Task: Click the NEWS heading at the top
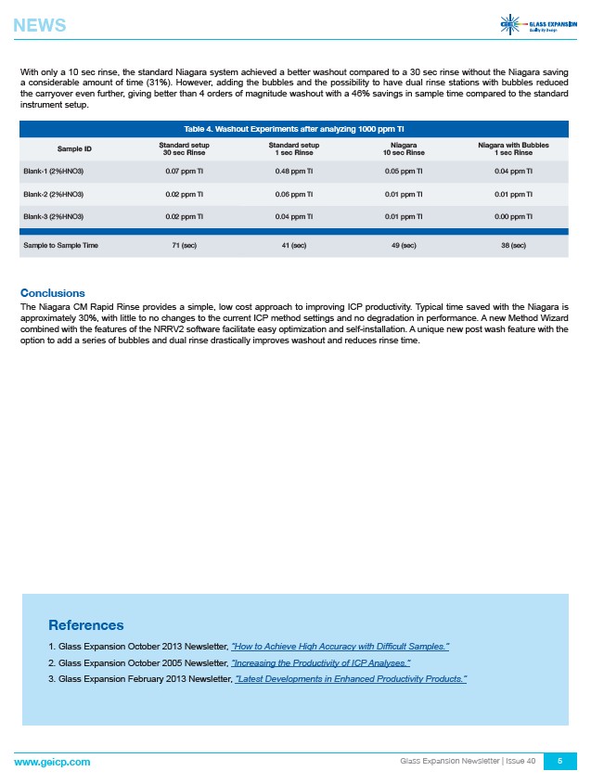[x=40, y=26]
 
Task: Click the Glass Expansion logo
[x=537, y=25]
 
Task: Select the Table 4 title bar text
[x=294, y=128]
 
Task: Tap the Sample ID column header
[x=74, y=148]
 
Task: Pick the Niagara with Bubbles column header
[x=512, y=148]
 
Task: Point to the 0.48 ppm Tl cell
[x=293, y=171]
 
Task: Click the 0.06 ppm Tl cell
[x=293, y=194]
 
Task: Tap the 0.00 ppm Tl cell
[x=512, y=216]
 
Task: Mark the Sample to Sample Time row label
[x=61, y=245]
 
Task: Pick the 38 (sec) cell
[x=512, y=245]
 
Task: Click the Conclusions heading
[x=53, y=292]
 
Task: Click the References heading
[x=85, y=624]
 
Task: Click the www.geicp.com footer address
[x=52, y=761]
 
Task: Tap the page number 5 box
[x=559, y=761]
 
